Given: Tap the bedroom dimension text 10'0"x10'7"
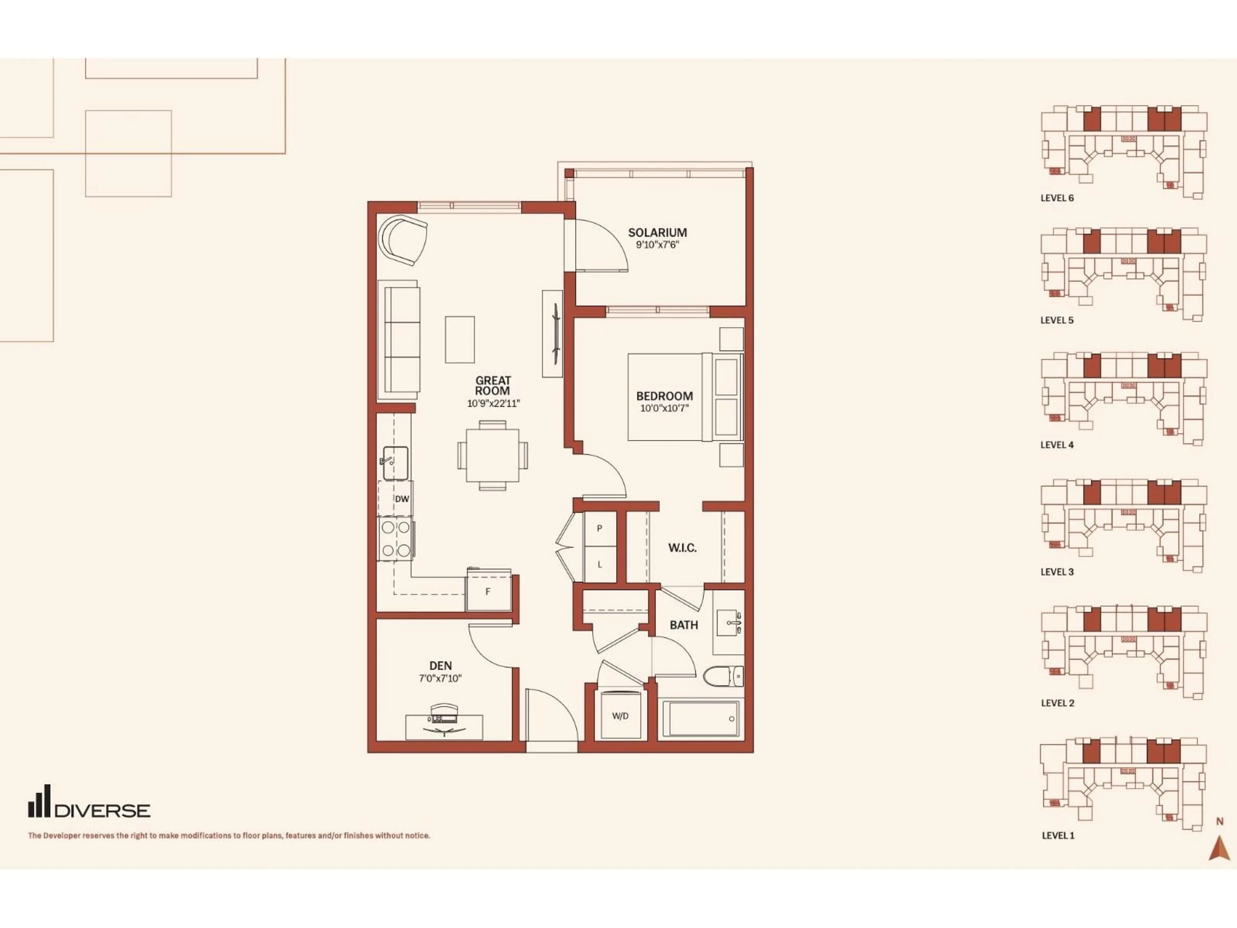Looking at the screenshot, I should coord(664,408).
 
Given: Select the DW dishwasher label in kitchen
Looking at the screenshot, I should coord(401,499).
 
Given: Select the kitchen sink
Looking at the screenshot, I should coord(395,463).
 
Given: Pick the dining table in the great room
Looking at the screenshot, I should coord(493,455).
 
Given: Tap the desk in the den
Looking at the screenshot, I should coord(444,727).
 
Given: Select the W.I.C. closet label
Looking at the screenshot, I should coord(682,548).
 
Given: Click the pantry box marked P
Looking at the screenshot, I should coord(599,529).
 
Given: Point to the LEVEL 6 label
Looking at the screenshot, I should coord(1057,198).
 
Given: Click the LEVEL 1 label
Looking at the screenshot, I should coord(1058,836).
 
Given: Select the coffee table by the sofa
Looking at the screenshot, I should coord(460,340).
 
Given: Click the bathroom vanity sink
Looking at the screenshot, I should coord(729,622).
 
